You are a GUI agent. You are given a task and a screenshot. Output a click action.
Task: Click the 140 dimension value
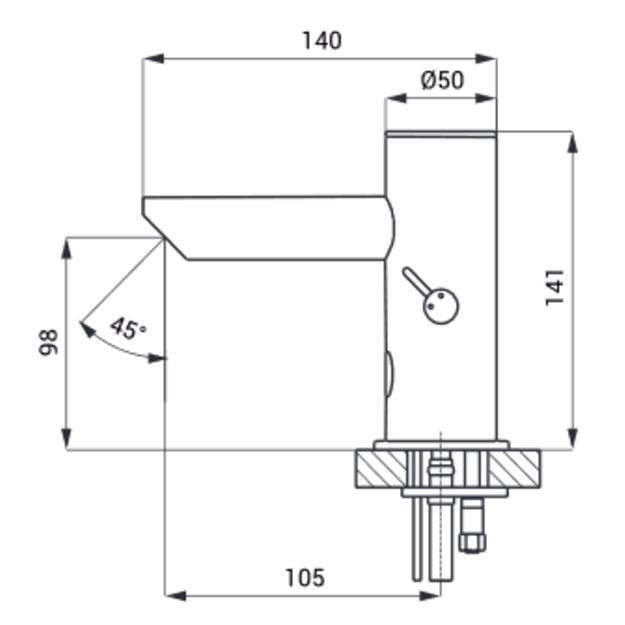coord(322,40)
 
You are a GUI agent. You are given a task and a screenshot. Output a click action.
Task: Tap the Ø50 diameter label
coord(442,80)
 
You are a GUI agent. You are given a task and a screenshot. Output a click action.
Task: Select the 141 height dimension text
coord(555,287)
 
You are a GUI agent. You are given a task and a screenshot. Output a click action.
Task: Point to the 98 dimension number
coord(48,342)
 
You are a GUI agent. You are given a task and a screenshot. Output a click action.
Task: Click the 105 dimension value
coord(305,578)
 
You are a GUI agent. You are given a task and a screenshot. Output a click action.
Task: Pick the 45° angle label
coord(128,328)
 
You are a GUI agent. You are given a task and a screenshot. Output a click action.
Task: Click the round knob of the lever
coord(441,306)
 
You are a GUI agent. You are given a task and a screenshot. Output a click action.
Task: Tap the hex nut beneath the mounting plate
coord(472,543)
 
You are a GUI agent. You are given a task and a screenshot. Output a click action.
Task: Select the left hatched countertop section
coord(381,468)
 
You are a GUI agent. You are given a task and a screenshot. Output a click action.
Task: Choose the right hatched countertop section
coord(515,468)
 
